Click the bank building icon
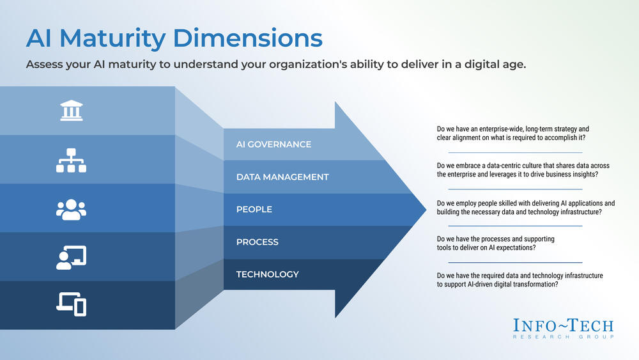click(70, 111)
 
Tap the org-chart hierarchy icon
click(70, 160)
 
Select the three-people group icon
click(70, 208)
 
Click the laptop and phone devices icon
click(70, 304)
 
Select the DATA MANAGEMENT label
click(282, 177)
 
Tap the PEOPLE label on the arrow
click(254, 210)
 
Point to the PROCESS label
click(258, 242)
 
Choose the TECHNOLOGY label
click(267, 274)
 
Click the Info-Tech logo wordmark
click(563, 325)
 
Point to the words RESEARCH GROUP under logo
click(563, 337)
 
